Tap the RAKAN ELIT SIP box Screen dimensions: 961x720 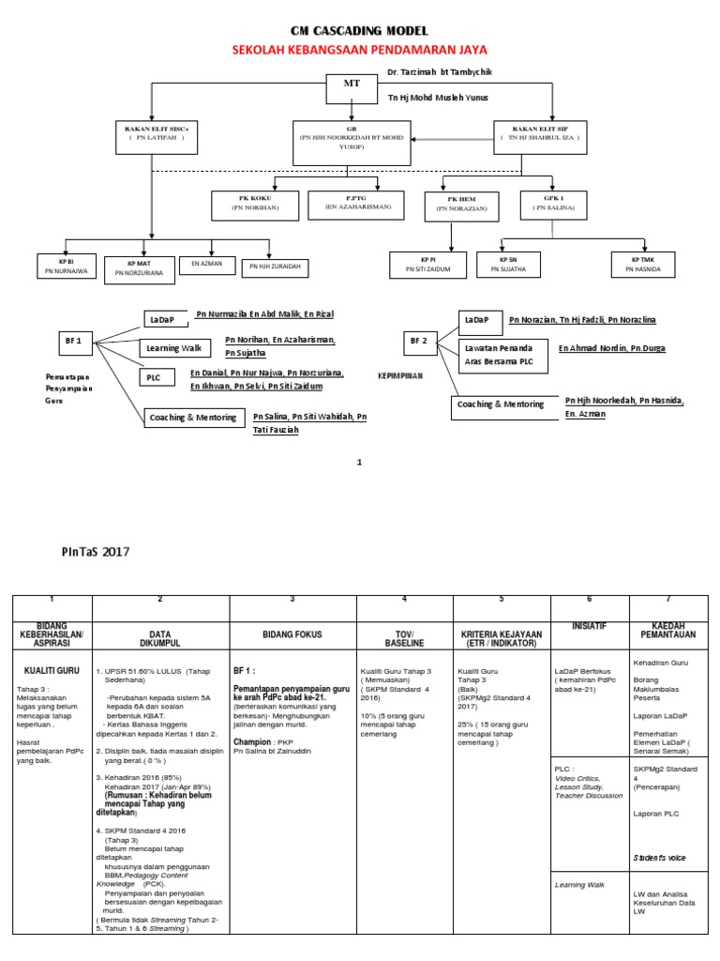click(x=541, y=132)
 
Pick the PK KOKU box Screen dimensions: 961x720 click(x=256, y=204)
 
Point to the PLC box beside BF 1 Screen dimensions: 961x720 click(x=157, y=378)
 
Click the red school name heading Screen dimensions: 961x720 click(x=360, y=49)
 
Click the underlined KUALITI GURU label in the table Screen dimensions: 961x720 click(x=51, y=671)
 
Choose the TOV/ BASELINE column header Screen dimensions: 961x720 click(x=404, y=635)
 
